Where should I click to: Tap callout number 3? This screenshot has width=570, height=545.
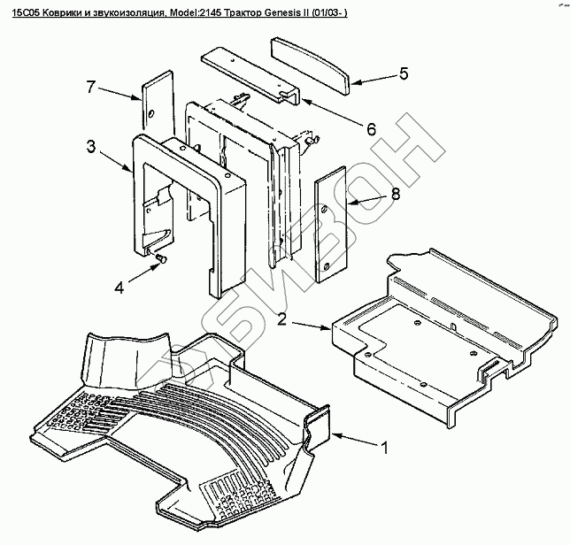point(92,146)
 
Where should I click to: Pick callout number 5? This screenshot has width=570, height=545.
point(403,74)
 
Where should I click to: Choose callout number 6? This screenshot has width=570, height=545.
point(371,128)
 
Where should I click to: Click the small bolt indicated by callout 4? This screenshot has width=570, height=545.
point(162,257)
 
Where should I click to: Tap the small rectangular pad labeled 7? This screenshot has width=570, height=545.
point(151,102)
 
